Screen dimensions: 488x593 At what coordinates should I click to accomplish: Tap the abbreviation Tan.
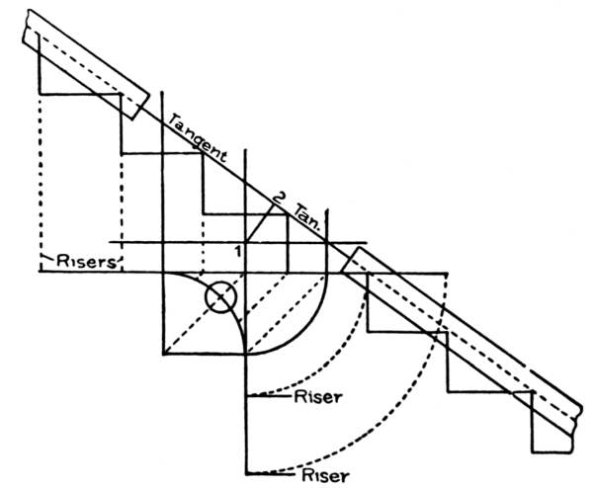pyautogui.click(x=303, y=218)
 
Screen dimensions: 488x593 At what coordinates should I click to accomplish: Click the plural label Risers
pyautogui.click(x=83, y=263)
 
